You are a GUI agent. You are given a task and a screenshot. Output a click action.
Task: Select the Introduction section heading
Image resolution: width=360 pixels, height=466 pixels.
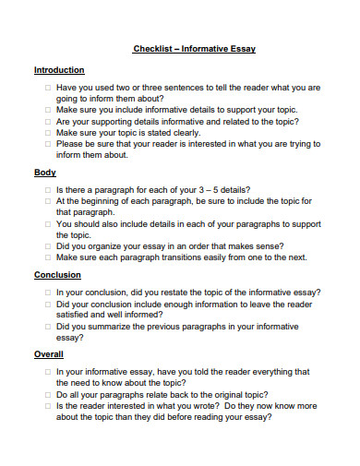(x=59, y=70)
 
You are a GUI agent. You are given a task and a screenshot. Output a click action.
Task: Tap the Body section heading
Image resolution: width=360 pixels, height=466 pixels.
(x=45, y=173)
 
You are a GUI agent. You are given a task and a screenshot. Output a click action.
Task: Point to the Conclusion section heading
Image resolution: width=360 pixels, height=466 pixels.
(x=57, y=275)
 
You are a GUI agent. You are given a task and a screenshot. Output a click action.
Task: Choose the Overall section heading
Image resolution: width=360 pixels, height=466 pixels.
(x=49, y=354)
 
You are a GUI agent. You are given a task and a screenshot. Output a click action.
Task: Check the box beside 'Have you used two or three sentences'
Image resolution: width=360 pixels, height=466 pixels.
(x=46, y=87)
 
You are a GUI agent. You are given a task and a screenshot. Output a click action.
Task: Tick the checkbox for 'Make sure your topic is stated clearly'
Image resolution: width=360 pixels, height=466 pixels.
(x=46, y=132)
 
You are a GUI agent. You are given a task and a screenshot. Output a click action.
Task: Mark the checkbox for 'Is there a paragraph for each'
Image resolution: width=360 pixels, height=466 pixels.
(x=46, y=188)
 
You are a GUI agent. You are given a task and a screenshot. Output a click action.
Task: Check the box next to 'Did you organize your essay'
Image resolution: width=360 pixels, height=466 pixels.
(x=46, y=245)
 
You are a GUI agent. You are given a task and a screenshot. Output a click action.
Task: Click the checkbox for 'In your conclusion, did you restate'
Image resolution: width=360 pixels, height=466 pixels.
(x=46, y=292)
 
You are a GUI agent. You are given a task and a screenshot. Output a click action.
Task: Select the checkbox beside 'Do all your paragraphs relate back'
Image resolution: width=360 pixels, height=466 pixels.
(x=46, y=393)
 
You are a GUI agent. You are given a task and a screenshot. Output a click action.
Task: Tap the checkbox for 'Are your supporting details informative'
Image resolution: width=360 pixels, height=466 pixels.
(x=46, y=121)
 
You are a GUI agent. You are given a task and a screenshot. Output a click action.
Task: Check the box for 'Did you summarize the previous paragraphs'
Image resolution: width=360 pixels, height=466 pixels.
(x=46, y=326)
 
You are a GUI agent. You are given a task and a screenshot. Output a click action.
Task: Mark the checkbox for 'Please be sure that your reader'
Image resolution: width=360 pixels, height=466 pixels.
(x=46, y=143)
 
